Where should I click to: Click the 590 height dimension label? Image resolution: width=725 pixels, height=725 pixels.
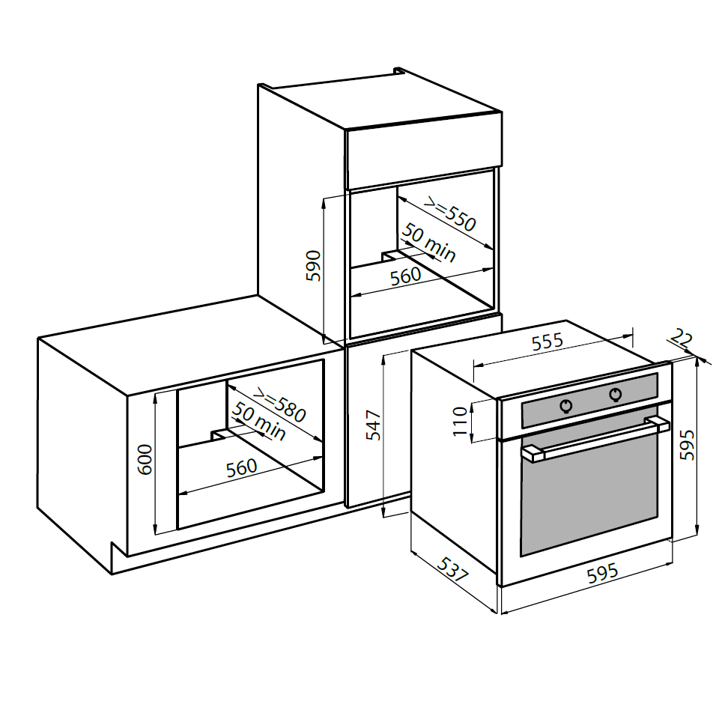(314, 265)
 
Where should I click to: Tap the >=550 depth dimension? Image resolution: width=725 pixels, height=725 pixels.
(450, 214)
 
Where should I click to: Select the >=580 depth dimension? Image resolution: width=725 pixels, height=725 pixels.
(279, 405)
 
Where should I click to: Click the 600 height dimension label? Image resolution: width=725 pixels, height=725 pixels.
(145, 459)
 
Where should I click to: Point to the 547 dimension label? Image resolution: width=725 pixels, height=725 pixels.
(373, 425)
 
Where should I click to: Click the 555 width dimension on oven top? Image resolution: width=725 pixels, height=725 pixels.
(547, 342)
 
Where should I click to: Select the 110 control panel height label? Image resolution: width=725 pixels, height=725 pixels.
(460, 421)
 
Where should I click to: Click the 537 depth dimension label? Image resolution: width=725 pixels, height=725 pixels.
(453, 569)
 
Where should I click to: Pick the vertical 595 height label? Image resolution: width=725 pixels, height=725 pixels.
(687, 445)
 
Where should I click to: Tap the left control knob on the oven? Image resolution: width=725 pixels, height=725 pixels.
(566, 406)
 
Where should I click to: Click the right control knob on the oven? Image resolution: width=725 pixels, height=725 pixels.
(616, 395)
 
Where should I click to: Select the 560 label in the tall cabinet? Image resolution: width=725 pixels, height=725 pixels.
(405, 276)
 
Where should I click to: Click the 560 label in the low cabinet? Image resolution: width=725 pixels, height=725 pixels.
(241, 468)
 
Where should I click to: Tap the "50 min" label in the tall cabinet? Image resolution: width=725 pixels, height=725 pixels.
(428, 243)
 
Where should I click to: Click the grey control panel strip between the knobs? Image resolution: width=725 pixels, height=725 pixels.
(591, 401)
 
